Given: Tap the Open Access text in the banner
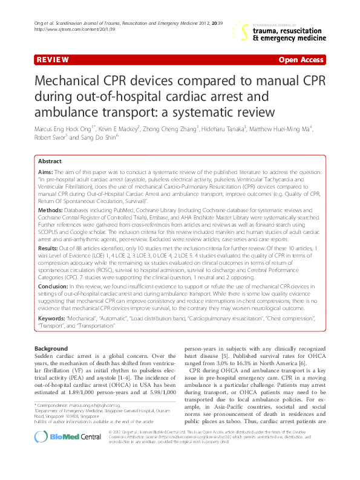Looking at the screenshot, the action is (302, 60).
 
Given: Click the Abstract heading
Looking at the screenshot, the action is (50, 162).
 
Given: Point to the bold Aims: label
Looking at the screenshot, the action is (45, 173).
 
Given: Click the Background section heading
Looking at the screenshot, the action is (51, 349).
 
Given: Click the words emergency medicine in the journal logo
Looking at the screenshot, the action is (294, 37).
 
